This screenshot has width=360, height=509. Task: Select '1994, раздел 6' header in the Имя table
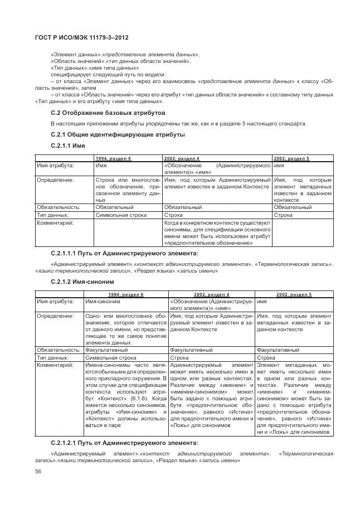click(113, 159)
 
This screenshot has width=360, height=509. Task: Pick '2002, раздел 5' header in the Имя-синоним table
click(294, 294)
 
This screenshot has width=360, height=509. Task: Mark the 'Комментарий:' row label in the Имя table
click(55, 222)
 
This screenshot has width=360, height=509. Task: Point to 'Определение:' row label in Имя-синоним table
click(55, 316)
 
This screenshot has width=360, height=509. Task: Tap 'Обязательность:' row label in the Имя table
click(58, 207)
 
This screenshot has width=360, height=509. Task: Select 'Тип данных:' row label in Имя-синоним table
click(52, 357)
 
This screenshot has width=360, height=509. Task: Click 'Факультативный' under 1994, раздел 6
click(105, 350)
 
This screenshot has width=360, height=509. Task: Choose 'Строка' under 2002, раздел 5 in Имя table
click(283, 215)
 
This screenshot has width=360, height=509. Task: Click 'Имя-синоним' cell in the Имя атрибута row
click(103, 302)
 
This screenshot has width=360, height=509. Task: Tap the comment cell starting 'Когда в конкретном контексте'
click(217, 232)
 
